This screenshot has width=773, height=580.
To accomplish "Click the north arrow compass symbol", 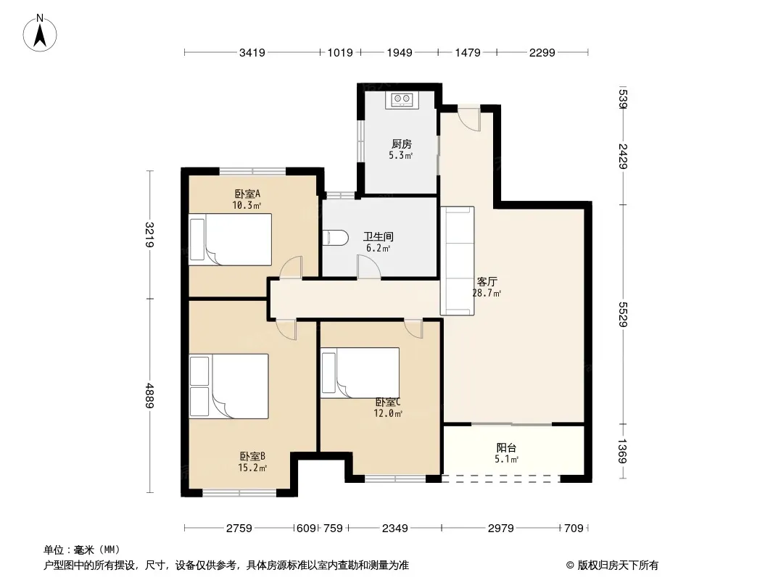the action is (x=40, y=33).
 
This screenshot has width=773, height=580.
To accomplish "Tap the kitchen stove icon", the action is (x=402, y=99).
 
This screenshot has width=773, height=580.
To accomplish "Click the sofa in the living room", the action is (x=457, y=261).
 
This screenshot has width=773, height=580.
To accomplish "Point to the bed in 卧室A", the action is (x=230, y=239).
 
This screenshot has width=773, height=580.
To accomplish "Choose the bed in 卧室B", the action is (x=228, y=386).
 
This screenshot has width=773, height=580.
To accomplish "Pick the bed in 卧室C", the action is (x=360, y=373).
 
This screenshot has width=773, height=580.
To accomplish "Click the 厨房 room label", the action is (x=401, y=144).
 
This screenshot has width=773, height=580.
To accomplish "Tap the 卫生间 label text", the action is (x=378, y=236).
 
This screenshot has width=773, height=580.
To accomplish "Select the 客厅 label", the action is (x=487, y=282).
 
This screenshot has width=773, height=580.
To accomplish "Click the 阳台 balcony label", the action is (x=506, y=448).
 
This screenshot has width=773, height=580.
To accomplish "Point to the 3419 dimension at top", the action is (x=252, y=52).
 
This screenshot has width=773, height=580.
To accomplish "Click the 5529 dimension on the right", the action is (x=623, y=315).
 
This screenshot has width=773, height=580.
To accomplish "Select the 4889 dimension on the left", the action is (x=149, y=396).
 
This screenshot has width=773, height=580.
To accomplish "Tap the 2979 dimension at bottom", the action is (x=501, y=529).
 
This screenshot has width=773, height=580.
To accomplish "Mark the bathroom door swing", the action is (x=369, y=267).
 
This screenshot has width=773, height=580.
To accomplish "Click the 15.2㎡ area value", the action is (x=252, y=468).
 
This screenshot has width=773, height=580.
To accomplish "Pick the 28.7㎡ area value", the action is (x=487, y=293).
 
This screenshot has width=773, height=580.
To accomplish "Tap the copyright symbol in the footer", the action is (x=570, y=565).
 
